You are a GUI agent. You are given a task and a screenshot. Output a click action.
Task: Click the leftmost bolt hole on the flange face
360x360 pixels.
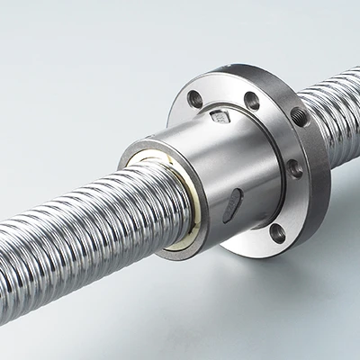194,99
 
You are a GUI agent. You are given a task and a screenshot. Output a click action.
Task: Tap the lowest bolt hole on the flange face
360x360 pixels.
277,233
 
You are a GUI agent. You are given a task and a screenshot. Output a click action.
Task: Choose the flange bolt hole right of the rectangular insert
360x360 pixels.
252,101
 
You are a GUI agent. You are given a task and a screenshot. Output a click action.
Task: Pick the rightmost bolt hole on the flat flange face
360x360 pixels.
294,167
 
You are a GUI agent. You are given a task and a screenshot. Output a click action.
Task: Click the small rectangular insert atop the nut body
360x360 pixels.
220,116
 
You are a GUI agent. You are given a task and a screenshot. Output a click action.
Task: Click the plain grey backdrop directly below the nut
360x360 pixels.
207,306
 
